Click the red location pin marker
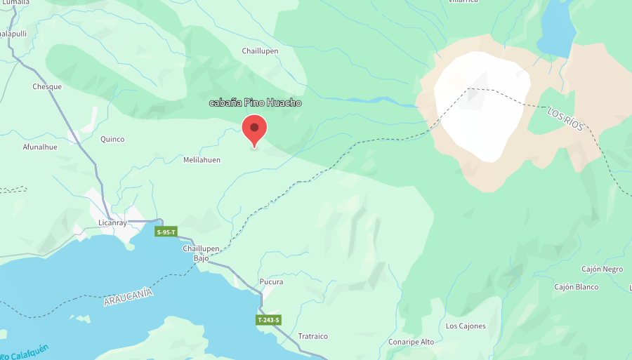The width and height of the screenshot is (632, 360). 254,130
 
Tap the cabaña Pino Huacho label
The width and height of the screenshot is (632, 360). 256,103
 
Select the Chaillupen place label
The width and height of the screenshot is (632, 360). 261,51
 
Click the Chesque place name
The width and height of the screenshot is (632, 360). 47,87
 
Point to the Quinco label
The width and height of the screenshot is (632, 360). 112,139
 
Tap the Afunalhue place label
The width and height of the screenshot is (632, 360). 40,147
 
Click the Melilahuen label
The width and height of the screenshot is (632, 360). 202,160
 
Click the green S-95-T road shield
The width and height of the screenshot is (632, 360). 166,232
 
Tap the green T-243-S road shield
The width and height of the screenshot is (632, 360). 268,320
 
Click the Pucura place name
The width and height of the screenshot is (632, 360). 271,282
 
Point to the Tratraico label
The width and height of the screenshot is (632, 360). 312,336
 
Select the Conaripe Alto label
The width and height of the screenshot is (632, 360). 411,342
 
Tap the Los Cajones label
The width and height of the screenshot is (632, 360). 466,326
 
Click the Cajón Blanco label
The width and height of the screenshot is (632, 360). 576,287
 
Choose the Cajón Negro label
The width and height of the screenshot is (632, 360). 602,269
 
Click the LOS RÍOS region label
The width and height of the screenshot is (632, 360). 565,118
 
